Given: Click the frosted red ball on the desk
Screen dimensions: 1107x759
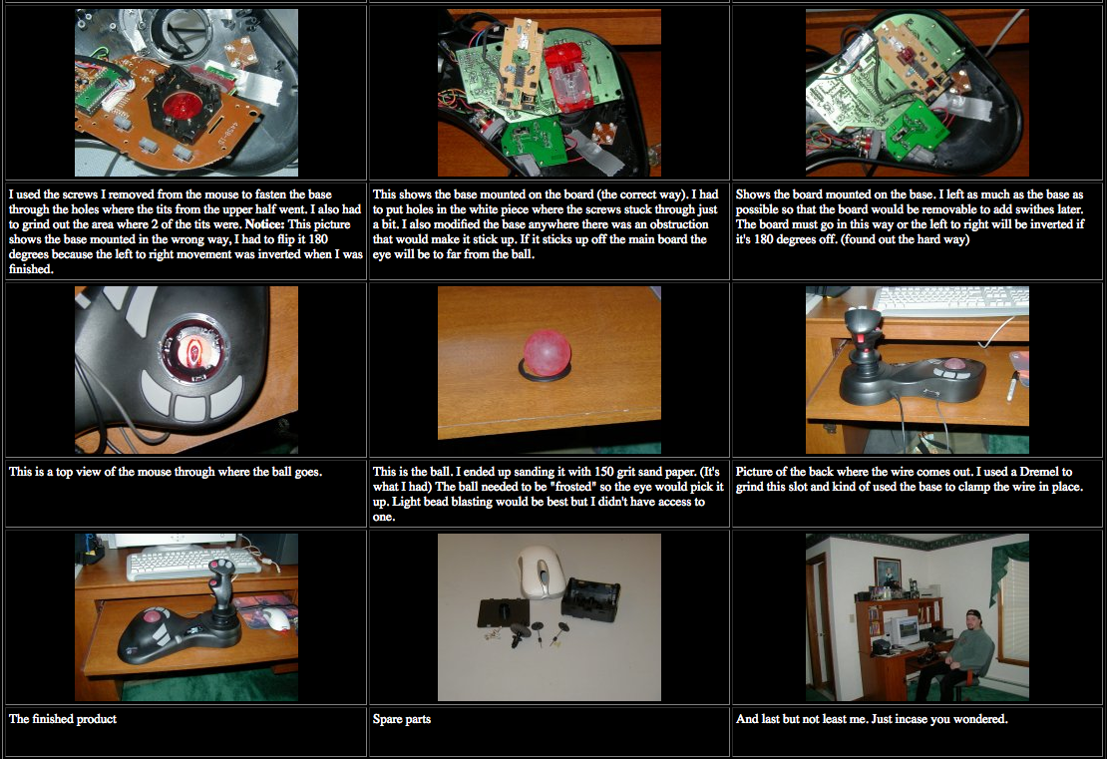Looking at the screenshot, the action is click(x=547, y=352).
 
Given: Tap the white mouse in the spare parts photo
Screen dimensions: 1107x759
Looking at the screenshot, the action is click(x=541, y=570).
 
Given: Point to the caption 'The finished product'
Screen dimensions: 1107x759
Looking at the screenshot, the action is click(x=63, y=719).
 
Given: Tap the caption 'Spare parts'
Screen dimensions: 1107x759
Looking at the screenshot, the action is click(x=402, y=719).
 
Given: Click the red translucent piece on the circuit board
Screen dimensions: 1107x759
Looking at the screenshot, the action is click(x=566, y=76).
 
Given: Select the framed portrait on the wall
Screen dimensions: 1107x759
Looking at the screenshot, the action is click(x=888, y=571).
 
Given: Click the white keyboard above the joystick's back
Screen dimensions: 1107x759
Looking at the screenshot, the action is click(x=950, y=301).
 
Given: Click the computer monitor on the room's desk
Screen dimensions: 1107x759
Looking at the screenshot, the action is click(x=906, y=628).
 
